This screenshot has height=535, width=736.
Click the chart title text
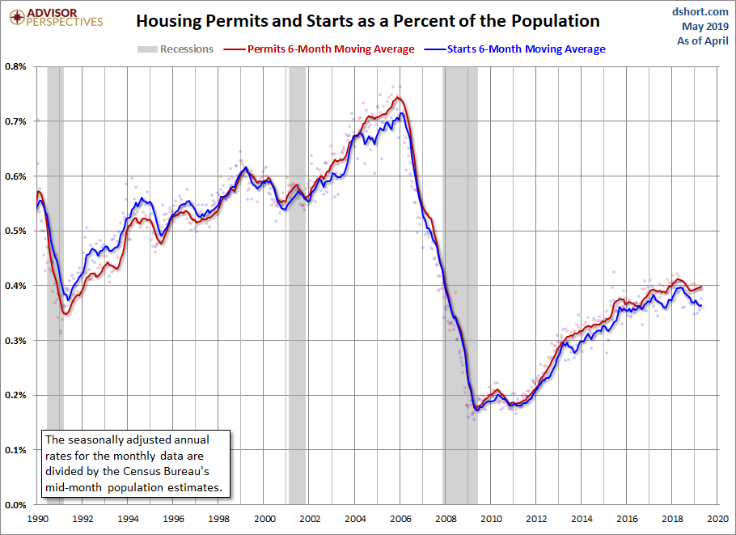tap(367, 21)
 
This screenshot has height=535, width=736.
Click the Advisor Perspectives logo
tap(56, 17)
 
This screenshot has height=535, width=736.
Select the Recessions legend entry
tap(175, 49)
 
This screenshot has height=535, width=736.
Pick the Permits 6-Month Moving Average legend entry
tap(319, 49)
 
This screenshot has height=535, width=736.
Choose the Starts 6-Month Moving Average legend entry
tap(514, 49)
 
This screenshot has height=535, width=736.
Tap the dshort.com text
tap(700, 12)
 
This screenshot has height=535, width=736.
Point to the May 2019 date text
tap(705, 26)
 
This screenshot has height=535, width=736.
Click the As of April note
tap(703, 40)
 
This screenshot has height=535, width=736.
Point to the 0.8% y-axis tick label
tap(15, 66)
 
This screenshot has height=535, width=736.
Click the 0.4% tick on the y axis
tap(15, 286)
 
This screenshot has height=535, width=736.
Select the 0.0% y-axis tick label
tap(15, 505)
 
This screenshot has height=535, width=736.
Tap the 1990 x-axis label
tap(37, 519)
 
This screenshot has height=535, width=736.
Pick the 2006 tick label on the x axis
tap(400, 519)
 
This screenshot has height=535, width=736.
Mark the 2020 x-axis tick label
tap(717, 519)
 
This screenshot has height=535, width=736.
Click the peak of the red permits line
tap(398, 97)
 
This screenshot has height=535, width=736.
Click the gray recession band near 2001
tap(297, 286)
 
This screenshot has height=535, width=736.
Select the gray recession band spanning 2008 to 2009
tap(460, 286)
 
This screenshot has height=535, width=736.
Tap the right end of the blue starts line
tap(701, 306)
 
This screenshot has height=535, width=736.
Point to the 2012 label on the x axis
tap(536, 519)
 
